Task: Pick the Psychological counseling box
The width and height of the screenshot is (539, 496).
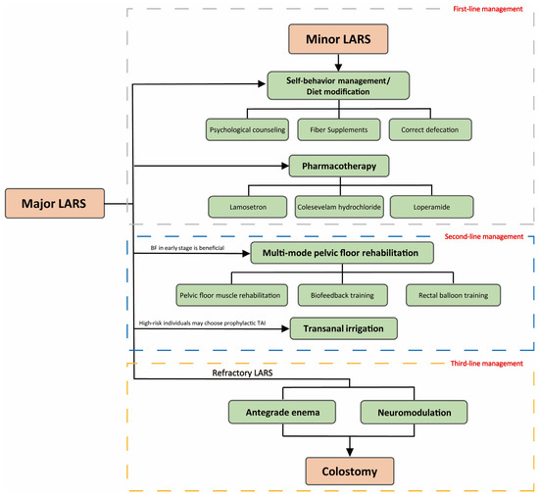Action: tap(248, 128)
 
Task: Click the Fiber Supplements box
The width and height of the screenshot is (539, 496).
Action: tap(338, 128)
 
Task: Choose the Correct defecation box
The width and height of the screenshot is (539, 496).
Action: tap(429, 128)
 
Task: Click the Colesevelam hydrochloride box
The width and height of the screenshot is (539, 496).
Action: tap(338, 207)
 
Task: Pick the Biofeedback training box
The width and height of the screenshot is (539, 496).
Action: tap(338, 293)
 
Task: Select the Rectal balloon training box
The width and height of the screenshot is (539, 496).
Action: tap(452, 293)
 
